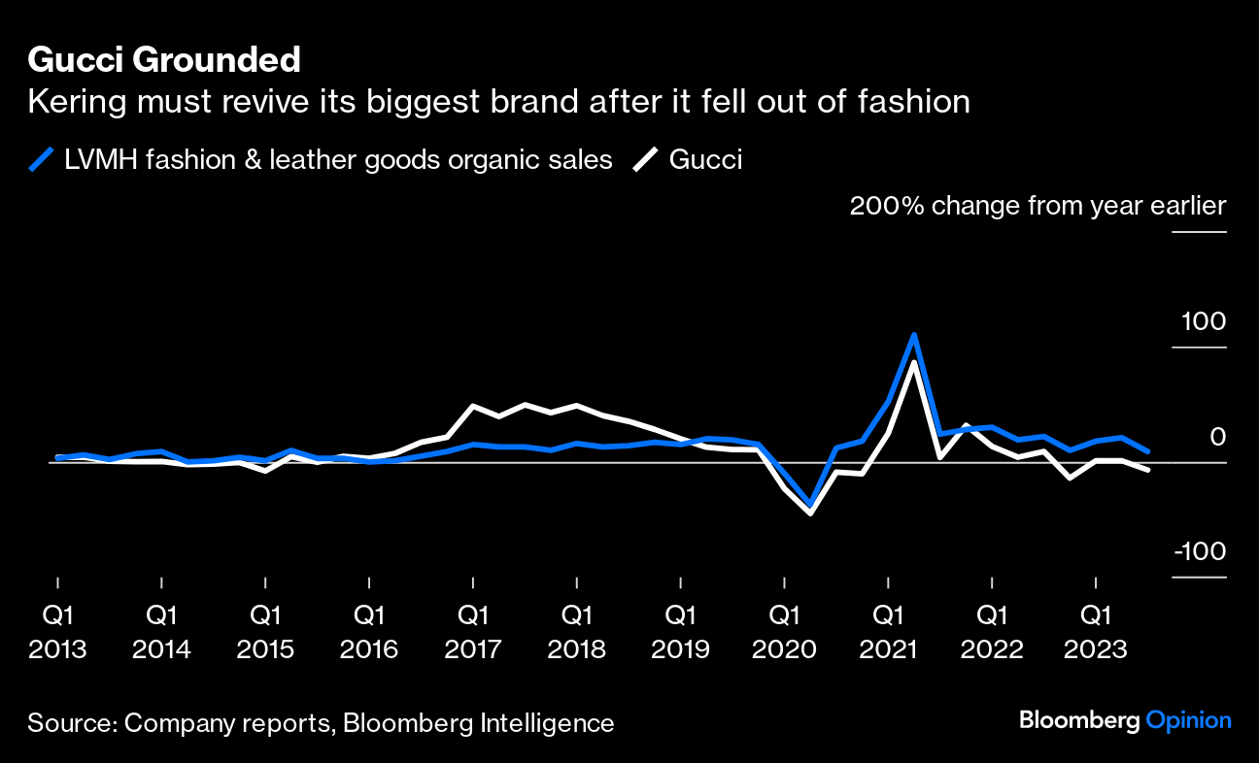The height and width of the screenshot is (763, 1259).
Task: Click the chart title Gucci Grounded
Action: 164,60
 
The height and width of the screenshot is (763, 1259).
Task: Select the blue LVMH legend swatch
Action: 41,159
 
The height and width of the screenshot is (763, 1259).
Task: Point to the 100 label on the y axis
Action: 1204,321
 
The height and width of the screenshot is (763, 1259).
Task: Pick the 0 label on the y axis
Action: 1217,437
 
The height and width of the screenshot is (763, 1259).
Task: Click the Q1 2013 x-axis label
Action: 57,631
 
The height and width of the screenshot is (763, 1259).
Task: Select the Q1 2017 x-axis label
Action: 472,631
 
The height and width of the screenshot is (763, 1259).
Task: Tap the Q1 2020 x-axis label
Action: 784,631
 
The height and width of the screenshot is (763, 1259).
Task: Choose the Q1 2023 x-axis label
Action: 1096,631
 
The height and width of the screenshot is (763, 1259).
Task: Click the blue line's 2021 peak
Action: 914,335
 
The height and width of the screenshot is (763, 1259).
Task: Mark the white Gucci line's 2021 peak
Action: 914,362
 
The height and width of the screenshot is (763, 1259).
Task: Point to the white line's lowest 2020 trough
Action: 810,513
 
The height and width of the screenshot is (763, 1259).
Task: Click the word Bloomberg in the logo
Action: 1079,720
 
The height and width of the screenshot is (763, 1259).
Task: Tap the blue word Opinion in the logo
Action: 1188,720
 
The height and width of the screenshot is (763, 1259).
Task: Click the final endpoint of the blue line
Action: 1148,451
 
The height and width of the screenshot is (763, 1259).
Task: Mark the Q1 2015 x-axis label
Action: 265,631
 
